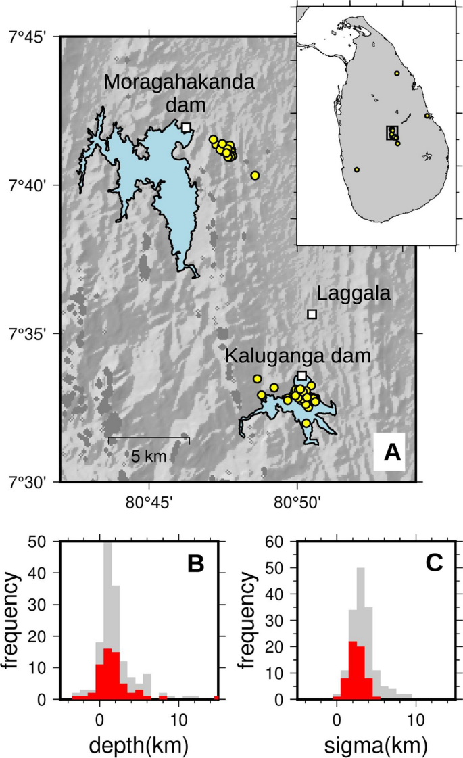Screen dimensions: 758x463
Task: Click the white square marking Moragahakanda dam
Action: (187, 127)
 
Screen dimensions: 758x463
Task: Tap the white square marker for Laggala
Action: (312, 314)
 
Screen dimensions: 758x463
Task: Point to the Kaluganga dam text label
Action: (298, 356)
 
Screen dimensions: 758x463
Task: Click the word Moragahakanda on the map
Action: (180, 83)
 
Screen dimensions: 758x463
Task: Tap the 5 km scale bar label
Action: (149, 456)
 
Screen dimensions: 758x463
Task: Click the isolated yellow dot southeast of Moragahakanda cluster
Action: (255, 176)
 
